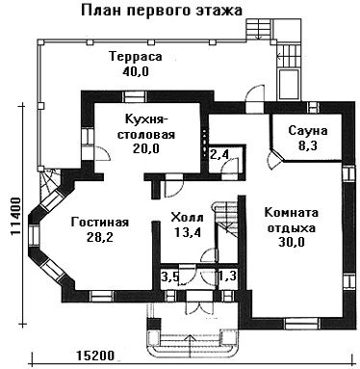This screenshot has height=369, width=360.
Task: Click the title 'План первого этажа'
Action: (162, 11)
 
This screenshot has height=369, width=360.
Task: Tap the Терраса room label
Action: (136, 57)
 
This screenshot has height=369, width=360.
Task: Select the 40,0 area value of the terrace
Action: (136, 71)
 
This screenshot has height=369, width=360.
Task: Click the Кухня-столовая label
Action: (146, 127)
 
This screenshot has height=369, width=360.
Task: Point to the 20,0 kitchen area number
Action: (146, 148)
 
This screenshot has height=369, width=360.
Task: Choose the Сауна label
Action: (308, 131)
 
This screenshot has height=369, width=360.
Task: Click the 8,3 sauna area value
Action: (308, 146)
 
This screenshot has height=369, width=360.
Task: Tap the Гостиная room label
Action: (100, 223)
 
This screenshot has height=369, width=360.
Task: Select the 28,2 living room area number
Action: (100, 237)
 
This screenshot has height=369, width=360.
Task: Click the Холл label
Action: (188, 218)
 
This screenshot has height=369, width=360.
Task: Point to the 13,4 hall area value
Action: (188, 232)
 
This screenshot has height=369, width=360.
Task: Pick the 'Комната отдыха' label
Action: (292, 221)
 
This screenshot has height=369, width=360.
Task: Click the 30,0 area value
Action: (292, 243)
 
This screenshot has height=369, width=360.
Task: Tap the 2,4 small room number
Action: (219, 155)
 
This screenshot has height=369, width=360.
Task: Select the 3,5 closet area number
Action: (169, 277)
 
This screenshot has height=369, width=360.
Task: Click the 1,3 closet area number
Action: (228, 276)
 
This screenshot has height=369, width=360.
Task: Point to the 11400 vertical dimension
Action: (15, 217)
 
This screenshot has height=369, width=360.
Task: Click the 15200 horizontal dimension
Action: (95, 356)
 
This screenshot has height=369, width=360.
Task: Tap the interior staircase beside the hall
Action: (225, 220)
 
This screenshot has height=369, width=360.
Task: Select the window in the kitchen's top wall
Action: (134, 96)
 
